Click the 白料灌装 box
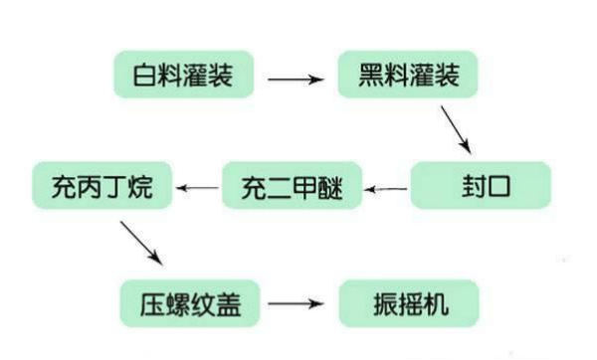pos(183,74)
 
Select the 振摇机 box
pos(409,302)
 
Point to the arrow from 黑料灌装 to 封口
pos(457,127)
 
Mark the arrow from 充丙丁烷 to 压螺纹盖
pos(140,242)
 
